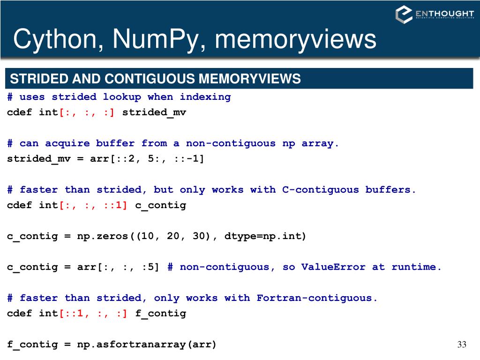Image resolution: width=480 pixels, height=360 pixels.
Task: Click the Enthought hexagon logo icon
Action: (x=404, y=14)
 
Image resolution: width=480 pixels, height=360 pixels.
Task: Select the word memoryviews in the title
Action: (x=295, y=39)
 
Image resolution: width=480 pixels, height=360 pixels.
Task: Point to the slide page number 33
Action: (x=462, y=345)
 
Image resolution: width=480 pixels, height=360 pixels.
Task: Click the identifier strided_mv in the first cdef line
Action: (x=154, y=112)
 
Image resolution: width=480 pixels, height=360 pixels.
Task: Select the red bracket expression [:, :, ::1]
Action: (x=93, y=205)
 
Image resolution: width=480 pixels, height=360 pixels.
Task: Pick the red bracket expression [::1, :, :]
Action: (x=93, y=313)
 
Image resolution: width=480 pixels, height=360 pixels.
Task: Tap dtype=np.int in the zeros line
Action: (x=265, y=236)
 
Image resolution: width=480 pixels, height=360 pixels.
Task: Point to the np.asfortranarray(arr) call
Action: (x=147, y=345)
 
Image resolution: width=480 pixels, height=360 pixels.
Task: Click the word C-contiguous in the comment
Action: (x=320, y=190)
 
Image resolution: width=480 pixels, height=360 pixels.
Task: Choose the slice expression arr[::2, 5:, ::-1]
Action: (x=147, y=158)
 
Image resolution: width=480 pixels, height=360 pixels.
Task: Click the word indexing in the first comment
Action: (x=205, y=97)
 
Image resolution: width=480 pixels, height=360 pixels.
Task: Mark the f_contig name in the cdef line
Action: (x=161, y=313)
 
